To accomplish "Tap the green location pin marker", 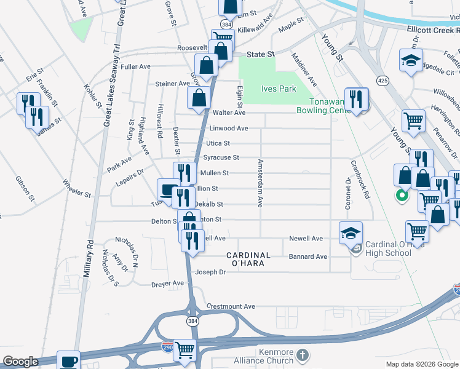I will click(x=402, y=197).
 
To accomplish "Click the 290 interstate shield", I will click(x=166, y=348).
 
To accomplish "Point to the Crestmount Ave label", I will click(x=231, y=306).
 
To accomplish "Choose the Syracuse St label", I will click(x=221, y=158).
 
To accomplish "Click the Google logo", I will click(x=20, y=362).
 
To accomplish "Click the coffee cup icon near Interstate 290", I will click(x=68, y=361).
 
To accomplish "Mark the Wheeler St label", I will click(x=77, y=188).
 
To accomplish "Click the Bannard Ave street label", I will click(x=309, y=256).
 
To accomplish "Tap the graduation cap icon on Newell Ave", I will click(x=350, y=232).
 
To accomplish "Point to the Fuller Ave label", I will click(x=136, y=66).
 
